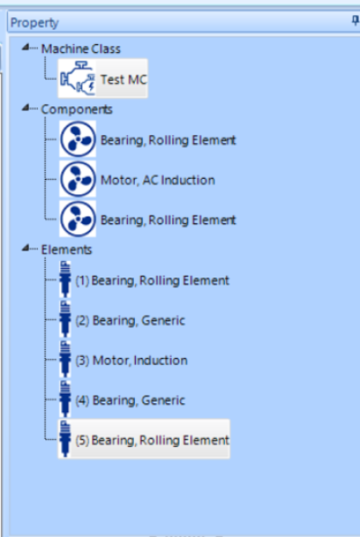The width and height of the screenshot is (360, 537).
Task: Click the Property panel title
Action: coord(34,23)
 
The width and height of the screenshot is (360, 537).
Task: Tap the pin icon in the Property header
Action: coord(355,22)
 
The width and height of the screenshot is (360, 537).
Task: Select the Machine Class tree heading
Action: coord(81,49)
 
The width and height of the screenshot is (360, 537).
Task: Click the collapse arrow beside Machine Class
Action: coord(25,48)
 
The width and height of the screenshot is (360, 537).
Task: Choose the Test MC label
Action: coord(123,79)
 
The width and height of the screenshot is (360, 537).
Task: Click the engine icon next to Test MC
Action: coord(77,78)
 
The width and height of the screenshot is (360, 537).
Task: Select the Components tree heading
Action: coord(76,109)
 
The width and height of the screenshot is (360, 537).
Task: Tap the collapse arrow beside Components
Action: coord(25,108)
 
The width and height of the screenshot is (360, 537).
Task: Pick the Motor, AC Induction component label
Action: coord(157,180)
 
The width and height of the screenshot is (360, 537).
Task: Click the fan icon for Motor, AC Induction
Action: coord(77,179)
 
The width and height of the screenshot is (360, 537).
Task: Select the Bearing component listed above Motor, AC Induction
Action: coord(168,140)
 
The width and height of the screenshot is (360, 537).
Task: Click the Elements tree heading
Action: coord(67,250)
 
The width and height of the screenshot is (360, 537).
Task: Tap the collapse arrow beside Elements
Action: coord(25,248)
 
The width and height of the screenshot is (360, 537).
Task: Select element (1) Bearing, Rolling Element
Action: coord(152,281)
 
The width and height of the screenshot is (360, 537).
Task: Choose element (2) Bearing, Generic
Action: coord(130,320)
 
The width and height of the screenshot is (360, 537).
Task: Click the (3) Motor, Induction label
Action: coord(131,361)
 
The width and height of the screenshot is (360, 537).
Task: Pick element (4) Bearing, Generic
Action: coord(130,400)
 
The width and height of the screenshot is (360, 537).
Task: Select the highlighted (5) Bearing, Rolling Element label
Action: coord(152,440)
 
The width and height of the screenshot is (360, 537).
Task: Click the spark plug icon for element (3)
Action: coord(65,359)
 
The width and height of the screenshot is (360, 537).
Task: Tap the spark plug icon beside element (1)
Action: coord(65,279)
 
